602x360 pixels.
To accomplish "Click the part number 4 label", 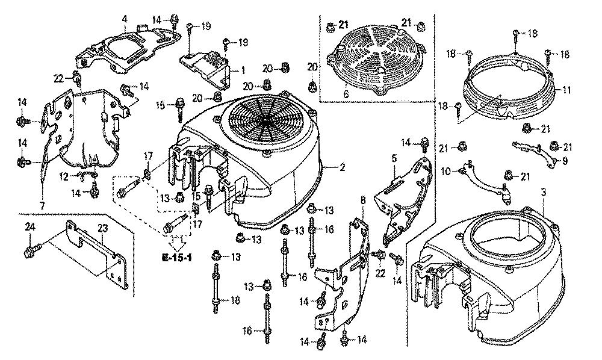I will [x=124, y=19].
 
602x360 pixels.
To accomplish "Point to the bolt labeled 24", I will [x=33, y=246].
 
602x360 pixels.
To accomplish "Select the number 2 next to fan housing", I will [x=341, y=167].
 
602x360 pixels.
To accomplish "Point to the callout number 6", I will [x=346, y=93].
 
